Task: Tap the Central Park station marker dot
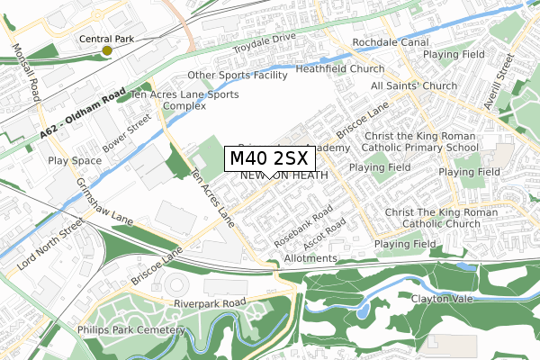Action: coord(107,50)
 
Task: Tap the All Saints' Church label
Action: coord(415,85)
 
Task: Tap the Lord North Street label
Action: coord(42,237)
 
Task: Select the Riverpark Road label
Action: coord(210,303)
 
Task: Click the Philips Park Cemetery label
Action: coord(139,330)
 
